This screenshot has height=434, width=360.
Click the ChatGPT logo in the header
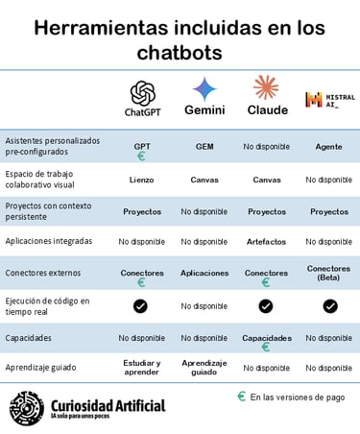tap(141, 92)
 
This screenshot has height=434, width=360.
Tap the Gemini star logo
tap(204, 90)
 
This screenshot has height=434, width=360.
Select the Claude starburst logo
tap(266, 88)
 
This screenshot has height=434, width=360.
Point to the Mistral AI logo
tap(327, 100)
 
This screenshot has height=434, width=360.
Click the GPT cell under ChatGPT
tap(141, 146)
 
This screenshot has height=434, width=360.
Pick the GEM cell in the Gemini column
tap(204, 146)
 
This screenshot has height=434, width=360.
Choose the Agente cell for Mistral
tap(328, 146)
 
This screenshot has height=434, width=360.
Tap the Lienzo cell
tap(141, 180)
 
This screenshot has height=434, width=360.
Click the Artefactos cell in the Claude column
tap(266, 241)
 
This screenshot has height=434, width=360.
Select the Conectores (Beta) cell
tap(328, 273)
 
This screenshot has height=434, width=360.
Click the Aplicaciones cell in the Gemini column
tap(204, 273)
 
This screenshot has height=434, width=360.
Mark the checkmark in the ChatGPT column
tap(141, 305)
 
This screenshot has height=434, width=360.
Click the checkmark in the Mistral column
tap(329, 305)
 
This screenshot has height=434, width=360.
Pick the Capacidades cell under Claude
tap(266, 338)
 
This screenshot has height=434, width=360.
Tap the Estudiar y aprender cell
tap(141, 368)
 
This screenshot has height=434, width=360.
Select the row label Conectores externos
tap(43, 273)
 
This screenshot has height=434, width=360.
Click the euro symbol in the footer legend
tap(241, 396)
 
